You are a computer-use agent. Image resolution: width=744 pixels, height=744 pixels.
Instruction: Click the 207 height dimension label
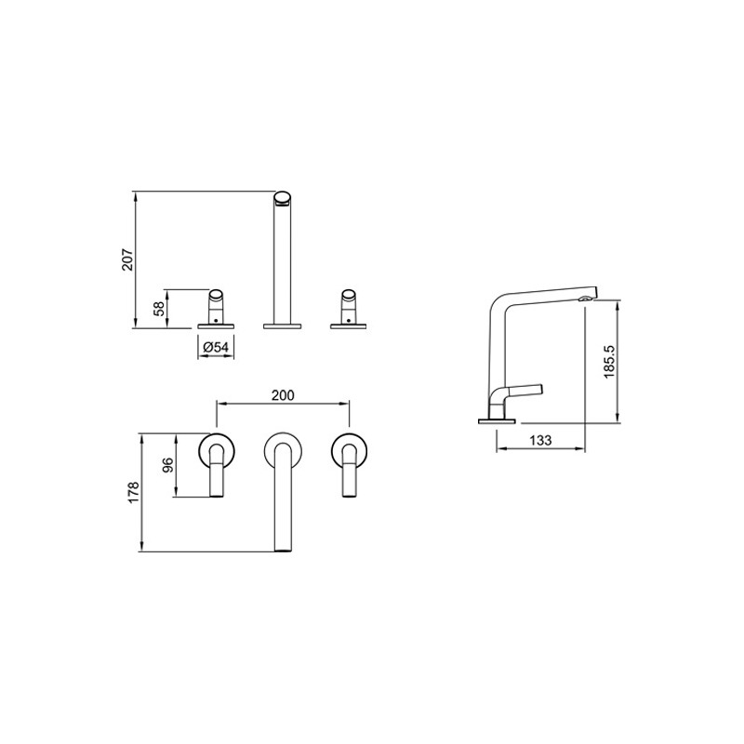pyautogui.click(x=128, y=259)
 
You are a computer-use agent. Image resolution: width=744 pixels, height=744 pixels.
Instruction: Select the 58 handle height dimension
pyautogui.click(x=160, y=309)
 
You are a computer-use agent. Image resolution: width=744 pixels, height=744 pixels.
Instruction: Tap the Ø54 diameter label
pyautogui.click(x=216, y=347)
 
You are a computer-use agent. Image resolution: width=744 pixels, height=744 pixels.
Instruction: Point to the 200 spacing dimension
pyautogui.click(x=283, y=394)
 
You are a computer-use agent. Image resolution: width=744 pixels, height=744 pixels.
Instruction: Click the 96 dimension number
pyautogui.click(x=168, y=465)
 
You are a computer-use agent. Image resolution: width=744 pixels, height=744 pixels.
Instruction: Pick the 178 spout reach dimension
pyautogui.click(x=133, y=493)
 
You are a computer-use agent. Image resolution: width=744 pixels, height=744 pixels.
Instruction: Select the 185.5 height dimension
pyautogui.click(x=609, y=362)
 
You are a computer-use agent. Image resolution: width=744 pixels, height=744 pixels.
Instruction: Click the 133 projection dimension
pyautogui.click(x=540, y=440)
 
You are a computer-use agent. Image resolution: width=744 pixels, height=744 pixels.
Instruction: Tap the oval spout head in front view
pyautogui.click(x=284, y=198)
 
